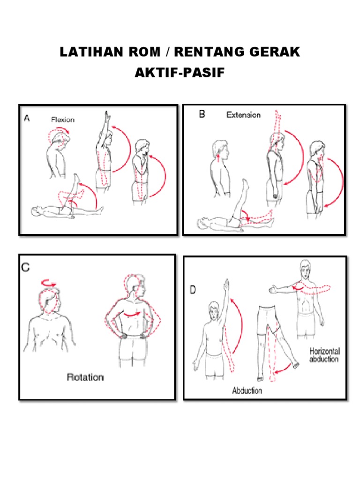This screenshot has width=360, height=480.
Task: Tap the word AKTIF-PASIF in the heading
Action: pos(180,73)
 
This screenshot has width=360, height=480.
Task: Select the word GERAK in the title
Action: pos(275,52)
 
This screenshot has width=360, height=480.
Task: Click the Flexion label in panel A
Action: pos(63,120)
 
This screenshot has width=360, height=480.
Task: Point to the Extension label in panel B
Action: pos(244,115)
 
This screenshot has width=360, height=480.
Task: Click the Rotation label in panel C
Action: pos(85,377)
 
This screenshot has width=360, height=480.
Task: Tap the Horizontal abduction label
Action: pos(324,355)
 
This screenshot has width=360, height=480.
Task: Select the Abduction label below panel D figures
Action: pos(247,390)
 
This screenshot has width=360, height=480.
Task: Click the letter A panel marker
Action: pos(27,118)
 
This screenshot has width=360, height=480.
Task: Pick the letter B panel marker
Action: pos(202,114)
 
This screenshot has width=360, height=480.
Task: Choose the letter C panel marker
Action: pos(26,268)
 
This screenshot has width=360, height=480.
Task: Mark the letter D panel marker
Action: pos(193,290)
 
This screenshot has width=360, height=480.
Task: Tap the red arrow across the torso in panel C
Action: pos(132,314)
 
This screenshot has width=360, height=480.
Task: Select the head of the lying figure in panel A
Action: pos(36,211)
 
